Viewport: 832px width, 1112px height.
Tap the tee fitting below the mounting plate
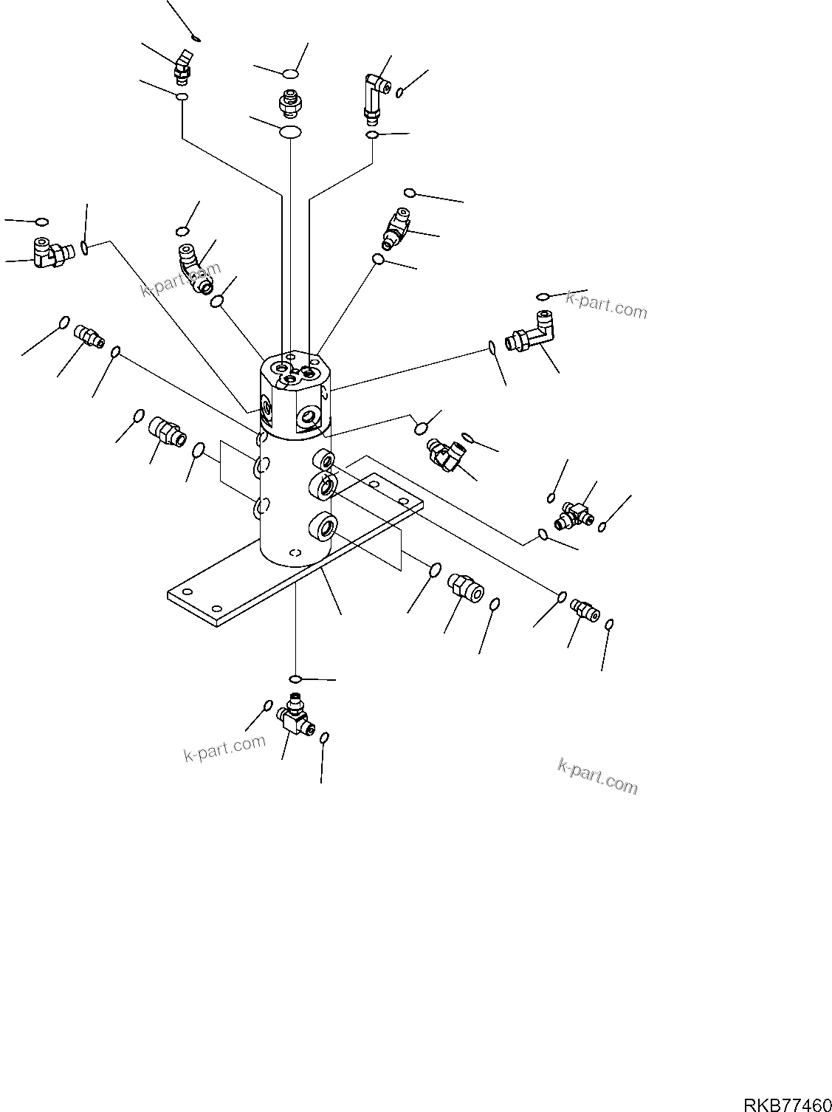294,714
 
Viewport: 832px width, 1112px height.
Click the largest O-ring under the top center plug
290,131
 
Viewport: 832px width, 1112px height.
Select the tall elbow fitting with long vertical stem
376,94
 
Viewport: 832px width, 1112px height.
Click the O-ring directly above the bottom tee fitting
295,679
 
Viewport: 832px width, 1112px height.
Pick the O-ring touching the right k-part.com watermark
543,296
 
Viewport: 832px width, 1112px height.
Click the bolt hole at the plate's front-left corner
187,592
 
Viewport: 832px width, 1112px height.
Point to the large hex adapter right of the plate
464,586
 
